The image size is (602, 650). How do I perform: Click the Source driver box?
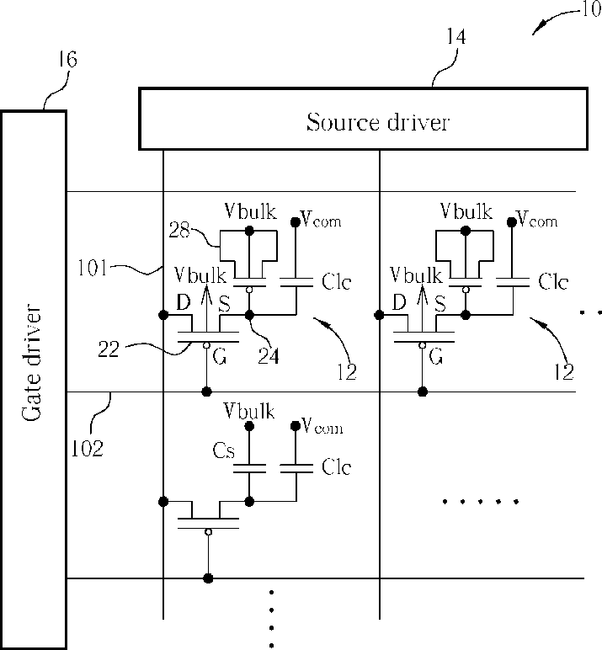click(363, 119)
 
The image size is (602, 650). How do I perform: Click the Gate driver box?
click(33, 379)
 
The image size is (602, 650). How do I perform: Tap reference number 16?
click(67, 59)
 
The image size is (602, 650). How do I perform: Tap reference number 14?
click(456, 36)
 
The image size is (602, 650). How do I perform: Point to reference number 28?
click(179, 229)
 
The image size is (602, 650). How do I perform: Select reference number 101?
click(93, 268)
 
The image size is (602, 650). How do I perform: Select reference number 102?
click(87, 449)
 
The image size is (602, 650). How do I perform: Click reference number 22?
click(109, 349)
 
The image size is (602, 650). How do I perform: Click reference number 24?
click(269, 355)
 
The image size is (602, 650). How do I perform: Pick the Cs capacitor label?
click(223, 450)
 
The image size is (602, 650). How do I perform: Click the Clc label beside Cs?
click(336, 466)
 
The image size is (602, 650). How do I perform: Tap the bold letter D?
click(184, 302)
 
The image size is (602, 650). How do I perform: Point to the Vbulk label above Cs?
click(249, 410)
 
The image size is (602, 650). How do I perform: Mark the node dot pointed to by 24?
click(249, 316)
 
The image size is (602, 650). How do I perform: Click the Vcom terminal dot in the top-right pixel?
click(512, 222)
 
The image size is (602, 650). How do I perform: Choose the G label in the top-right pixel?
click(436, 356)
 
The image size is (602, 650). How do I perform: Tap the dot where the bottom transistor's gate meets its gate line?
click(208, 578)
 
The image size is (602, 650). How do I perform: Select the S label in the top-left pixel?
click(224, 304)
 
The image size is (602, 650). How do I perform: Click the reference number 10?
click(592, 9)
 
